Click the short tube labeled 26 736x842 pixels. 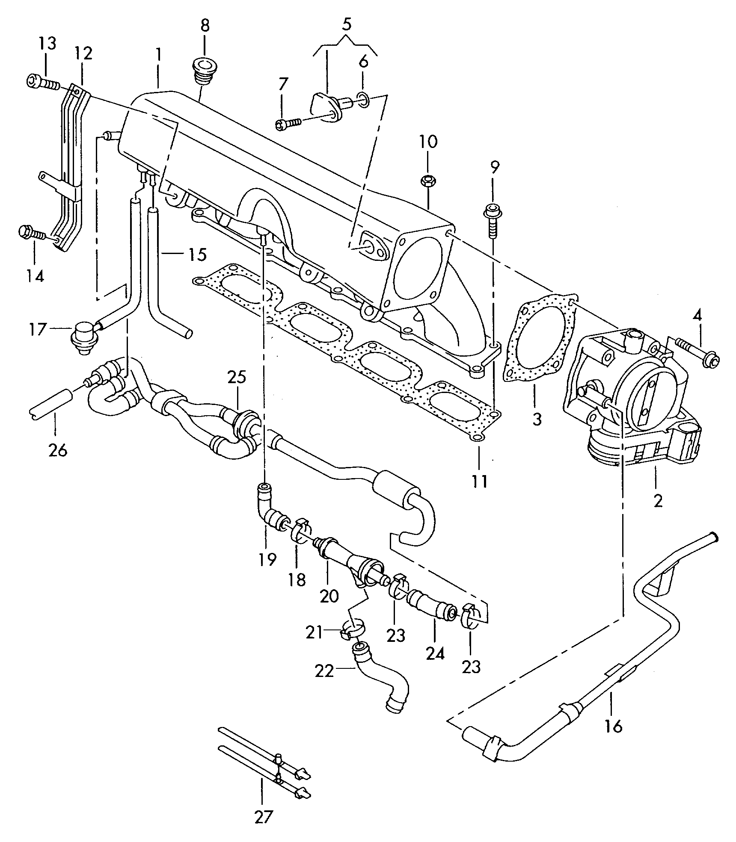50,404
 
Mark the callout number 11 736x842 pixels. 479,482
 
